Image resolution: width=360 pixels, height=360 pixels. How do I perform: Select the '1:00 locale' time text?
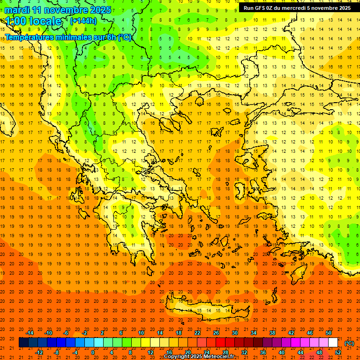pyautogui.click(x=33, y=21)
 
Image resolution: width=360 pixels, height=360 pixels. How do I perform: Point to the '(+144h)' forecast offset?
pyautogui.click(x=83, y=21)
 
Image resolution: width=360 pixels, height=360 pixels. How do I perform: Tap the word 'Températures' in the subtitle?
pyautogui.click(x=30, y=37)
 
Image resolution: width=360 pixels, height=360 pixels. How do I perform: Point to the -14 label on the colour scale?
pyautogui.click(x=30, y=333)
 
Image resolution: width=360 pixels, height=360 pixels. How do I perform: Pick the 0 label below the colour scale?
pyautogui.click(x=93, y=352)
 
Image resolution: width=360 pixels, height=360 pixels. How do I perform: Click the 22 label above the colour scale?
pyautogui.click(x=197, y=333)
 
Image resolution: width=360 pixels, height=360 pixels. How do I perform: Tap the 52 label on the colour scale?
pyautogui.click(x=338, y=352)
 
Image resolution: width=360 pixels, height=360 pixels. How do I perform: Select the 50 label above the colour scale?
pyautogui.click(x=329, y=333)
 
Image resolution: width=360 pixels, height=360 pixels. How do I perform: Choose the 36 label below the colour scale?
pyautogui.click(x=263, y=352)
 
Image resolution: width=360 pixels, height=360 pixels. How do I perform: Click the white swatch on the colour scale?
pyautogui.click(x=333, y=343)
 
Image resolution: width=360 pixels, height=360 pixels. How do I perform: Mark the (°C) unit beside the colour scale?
pyautogui.click(x=349, y=343)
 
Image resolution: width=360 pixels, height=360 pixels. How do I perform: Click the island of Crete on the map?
pyautogui.click(x=206, y=312)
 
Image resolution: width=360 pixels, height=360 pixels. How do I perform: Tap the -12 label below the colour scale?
pyautogui.click(x=39, y=352)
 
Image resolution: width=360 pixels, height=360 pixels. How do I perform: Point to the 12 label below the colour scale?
pyautogui.click(x=150, y=352)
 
